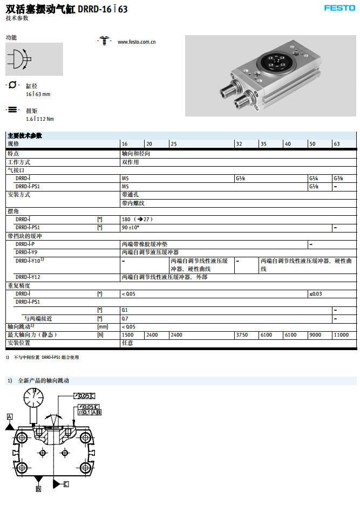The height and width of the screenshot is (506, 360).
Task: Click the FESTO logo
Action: point(339,8)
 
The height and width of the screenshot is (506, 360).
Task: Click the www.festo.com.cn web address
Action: point(137,42)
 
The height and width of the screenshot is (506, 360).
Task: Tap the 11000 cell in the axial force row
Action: point(341,335)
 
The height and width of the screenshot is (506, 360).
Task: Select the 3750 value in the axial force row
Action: point(241,335)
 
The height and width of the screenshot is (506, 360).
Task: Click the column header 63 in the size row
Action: point(337,144)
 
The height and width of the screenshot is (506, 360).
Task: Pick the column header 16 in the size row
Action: point(125,144)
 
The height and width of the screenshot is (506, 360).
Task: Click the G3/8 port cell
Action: point(338,178)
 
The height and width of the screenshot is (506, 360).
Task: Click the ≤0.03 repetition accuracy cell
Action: point(316,293)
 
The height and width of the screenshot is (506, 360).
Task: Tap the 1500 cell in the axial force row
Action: point(128,335)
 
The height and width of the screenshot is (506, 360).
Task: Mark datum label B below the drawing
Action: point(38,489)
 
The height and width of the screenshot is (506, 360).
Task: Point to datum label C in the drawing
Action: point(66,484)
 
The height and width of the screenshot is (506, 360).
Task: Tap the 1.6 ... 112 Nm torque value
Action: point(39,119)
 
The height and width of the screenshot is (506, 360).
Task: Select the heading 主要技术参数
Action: point(25,135)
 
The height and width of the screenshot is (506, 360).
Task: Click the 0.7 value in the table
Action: point(125,318)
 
